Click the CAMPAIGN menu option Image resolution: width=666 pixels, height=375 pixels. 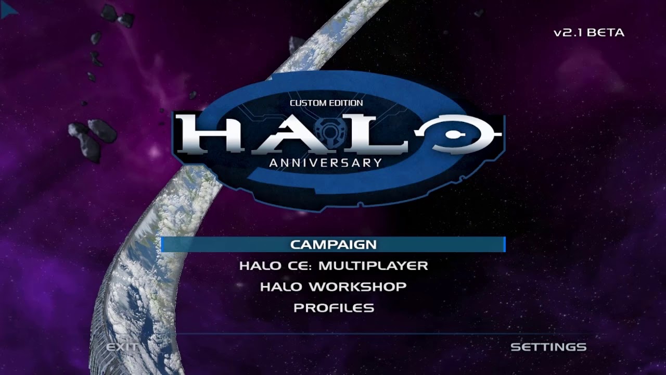point(334,244)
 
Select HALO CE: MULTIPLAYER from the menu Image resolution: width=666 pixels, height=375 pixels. point(334,266)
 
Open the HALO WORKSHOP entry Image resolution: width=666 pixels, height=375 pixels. point(334,286)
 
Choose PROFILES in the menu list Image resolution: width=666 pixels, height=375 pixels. point(334,308)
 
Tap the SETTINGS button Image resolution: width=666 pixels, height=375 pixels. point(548,347)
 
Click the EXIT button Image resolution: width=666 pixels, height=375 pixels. point(122,347)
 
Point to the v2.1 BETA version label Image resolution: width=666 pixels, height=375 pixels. point(589,33)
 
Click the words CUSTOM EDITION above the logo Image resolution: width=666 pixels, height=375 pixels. point(326,103)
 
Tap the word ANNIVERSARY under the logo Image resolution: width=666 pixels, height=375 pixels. point(326,162)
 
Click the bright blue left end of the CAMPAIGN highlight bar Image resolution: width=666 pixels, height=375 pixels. point(162,244)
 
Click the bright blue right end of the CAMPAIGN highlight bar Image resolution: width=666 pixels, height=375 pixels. point(504,244)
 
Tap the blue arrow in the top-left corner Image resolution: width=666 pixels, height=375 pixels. point(9,10)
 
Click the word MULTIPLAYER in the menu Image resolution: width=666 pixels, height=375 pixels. point(373,266)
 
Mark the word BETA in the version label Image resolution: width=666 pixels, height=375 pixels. point(607,33)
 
